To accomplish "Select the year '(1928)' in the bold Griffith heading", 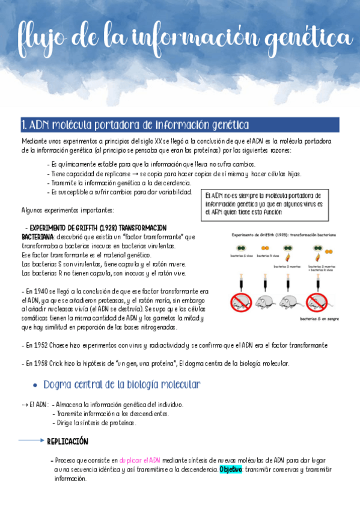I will (x=104, y=228).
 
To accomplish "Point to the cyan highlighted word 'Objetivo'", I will (x=231, y=469).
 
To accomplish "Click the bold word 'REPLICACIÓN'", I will (x=67, y=441).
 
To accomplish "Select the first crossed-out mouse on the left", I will (x=242, y=301).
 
